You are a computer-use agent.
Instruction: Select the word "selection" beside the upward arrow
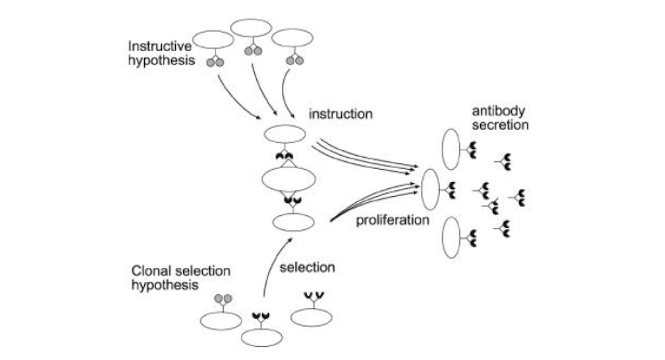pyautogui.click(x=307, y=267)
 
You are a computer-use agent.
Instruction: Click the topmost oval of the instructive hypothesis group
pyautogui.click(x=252, y=29)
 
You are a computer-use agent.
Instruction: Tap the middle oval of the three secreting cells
pyautogui.click(x=430, y=186)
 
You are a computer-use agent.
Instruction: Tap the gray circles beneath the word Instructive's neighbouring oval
pyautogui.click(x=215, y=62)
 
